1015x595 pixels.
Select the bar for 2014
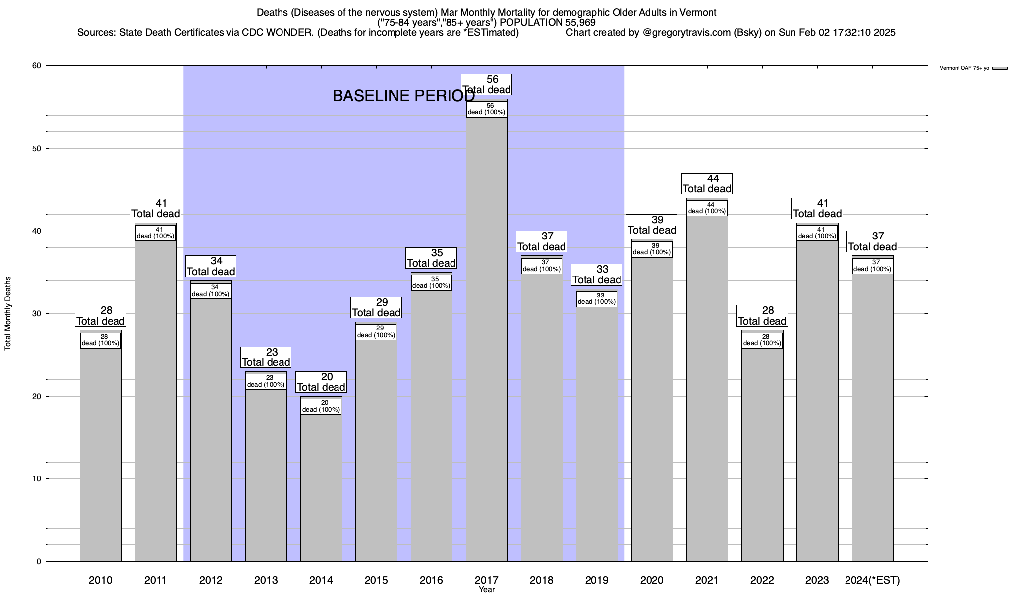(321, 486)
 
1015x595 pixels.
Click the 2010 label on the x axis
(101, 580)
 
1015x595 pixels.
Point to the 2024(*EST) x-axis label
(872, 580)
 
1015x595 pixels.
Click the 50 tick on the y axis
(37, 149)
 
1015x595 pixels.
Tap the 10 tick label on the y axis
(37, 479)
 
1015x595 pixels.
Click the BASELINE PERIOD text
(403, 96)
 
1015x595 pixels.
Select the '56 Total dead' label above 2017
(486, 84)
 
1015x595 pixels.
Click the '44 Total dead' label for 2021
(707, 183)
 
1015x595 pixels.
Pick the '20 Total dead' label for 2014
(321, 382)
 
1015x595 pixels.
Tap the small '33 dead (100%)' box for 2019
(597, 299)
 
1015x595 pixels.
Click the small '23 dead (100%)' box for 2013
(266, 381)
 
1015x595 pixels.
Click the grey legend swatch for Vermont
(1000, 68)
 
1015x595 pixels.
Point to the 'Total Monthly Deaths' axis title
(8, 313)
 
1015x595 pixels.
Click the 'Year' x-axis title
(487, 590)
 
